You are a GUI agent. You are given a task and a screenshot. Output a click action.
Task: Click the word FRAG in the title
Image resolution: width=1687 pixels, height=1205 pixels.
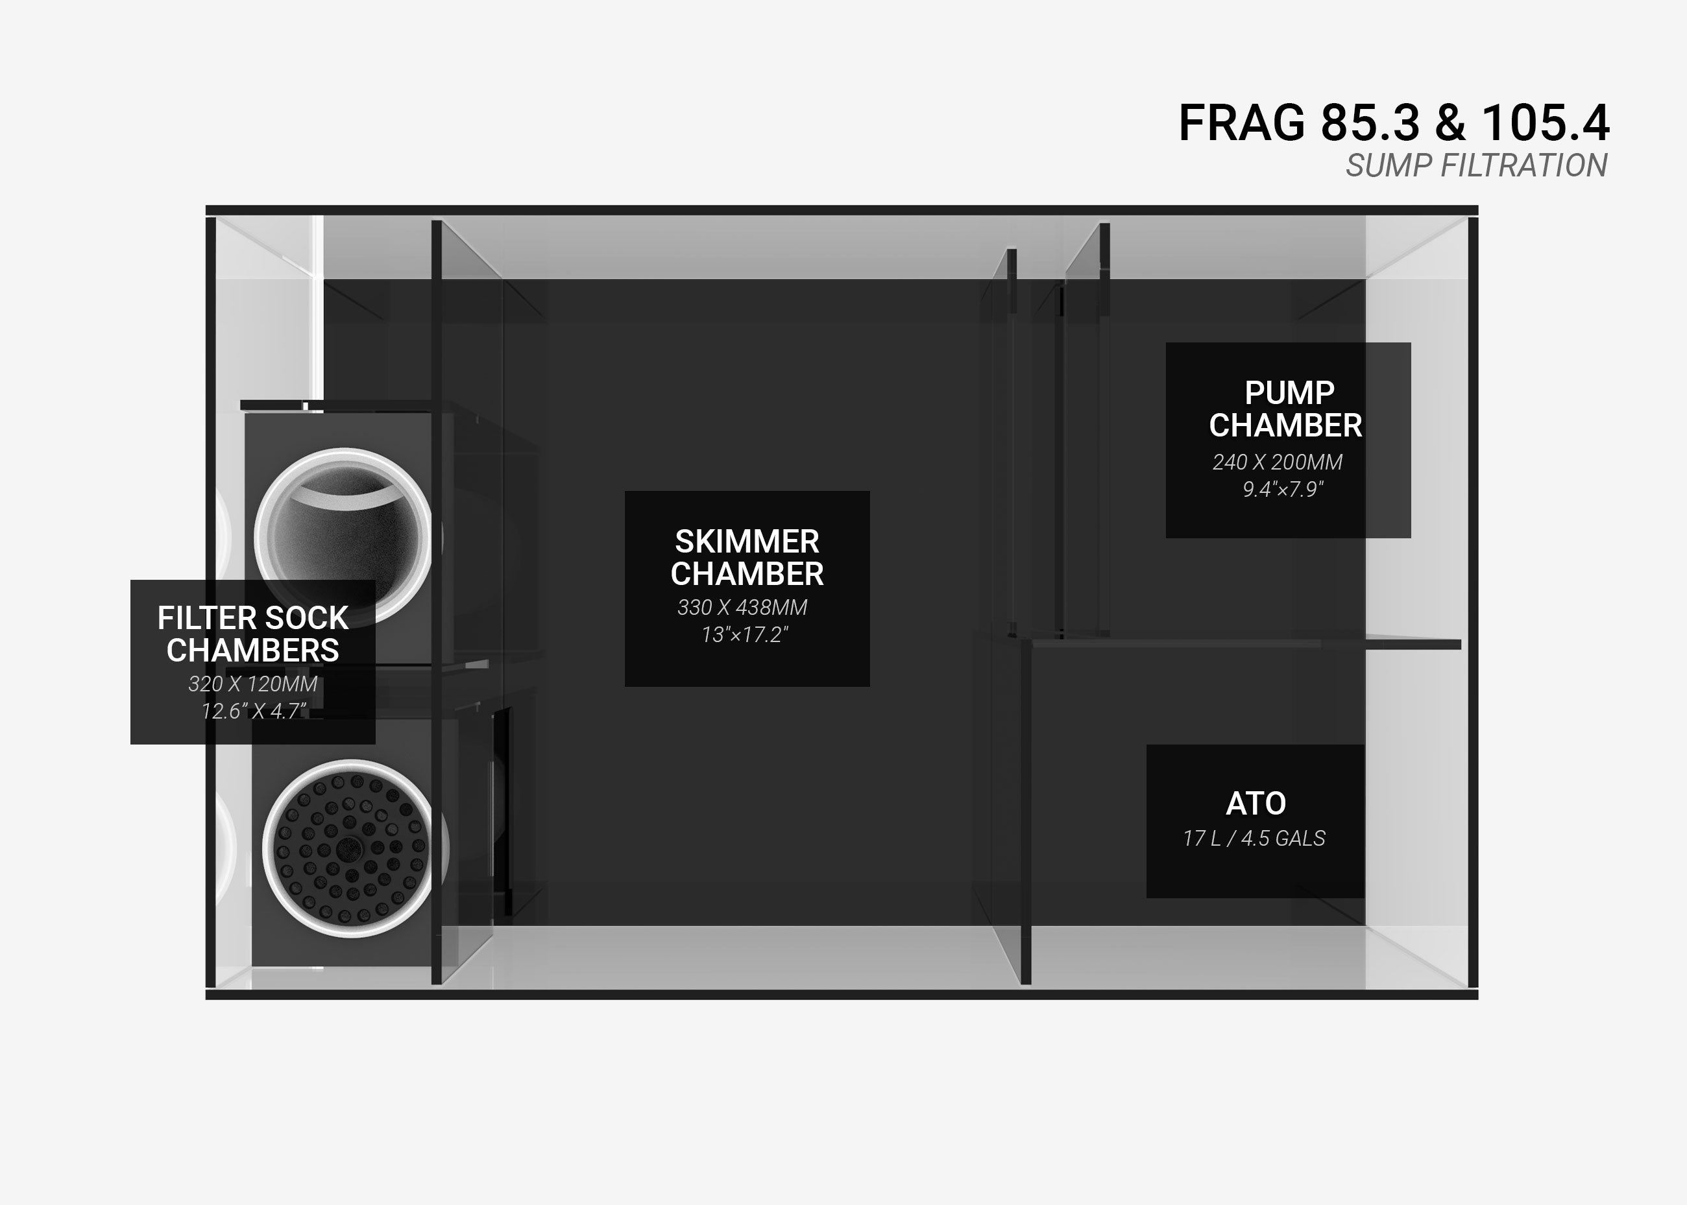pyautogui.click(x=1242, y=123)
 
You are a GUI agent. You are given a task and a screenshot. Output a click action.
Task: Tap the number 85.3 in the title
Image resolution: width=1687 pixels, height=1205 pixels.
pyautogui.click(x=1372, y=123)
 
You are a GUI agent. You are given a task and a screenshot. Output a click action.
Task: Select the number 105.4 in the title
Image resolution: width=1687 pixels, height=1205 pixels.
pyautogui.click(x=1546, y=123)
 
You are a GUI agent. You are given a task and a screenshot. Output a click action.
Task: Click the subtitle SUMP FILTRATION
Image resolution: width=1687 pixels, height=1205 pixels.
pyautogui.click(x=1477, y=165)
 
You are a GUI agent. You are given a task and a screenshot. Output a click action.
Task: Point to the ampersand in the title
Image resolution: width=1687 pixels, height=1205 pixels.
pyautogui.click(x=1451, y=123)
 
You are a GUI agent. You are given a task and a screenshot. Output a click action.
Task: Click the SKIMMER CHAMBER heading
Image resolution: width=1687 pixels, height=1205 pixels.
pyautogui.click(x=747, y=558)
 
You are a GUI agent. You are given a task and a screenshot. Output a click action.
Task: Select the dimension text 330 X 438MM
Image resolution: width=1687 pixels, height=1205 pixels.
pyautogui.click(x=742, y=608)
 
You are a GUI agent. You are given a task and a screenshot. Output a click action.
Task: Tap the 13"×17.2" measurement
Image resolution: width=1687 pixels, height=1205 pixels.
pyautogui.click(x=744, y=635)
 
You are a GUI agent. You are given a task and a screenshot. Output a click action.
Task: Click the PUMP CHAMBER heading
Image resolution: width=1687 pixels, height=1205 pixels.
pyautogui.click(x=1285, y=409)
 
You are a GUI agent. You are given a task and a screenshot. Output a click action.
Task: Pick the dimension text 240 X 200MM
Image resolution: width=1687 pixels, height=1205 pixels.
pyautogui.click(x=1278, y=462)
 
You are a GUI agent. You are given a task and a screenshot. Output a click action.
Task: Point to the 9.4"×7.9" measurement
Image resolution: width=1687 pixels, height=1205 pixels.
pyautogui.click(x=1283, y=490)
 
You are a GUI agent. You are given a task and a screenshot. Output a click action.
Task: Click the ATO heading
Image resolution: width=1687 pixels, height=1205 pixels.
pyautogui.click(x=1256, y=804)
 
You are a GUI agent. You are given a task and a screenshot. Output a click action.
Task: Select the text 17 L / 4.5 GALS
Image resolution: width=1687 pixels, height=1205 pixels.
pyautogui.click(x=1254, y=839)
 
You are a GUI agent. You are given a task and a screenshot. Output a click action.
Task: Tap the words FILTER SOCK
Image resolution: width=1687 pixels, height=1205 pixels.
pyautogui.click(x=253, y=618)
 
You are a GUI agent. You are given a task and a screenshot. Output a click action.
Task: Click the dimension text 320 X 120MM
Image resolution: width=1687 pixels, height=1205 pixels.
pyautogui.click(x=252, y=684)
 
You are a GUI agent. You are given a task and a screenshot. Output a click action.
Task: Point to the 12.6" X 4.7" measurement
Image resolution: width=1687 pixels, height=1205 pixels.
pyautogui.click(x=254, y=711)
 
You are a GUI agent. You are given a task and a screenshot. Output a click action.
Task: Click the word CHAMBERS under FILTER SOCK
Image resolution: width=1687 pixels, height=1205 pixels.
pyautogui.click(x=253, y=650)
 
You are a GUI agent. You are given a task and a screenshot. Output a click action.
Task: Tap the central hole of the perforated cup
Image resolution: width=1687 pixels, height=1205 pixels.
pyautogui.click(x=347, y=848)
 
